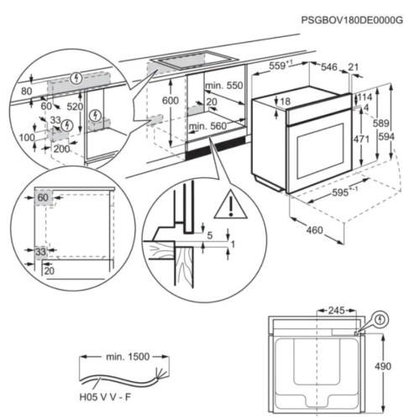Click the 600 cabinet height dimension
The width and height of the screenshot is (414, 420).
[171, 100]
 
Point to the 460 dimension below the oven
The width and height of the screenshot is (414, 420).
[315, 229]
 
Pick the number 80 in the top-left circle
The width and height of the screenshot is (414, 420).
[26, 92]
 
